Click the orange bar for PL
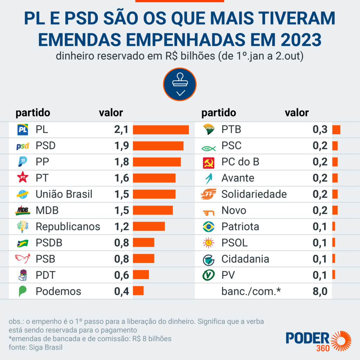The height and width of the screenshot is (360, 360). click(161, 130)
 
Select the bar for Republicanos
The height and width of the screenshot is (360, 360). click(149, 226)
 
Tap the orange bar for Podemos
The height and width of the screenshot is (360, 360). click(138, 291)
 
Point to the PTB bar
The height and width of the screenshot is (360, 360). click(336, 130)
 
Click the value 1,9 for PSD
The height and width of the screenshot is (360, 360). click(122, 146)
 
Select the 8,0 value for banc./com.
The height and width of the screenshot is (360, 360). click(320, 291)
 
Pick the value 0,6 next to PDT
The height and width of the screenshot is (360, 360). click(122, 275)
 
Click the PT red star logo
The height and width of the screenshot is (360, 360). click(23, 178)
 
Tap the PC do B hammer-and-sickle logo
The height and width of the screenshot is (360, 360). click(209, 162)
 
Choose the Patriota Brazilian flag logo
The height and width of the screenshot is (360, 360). click(209, 227)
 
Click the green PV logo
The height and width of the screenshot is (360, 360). click(209, 275)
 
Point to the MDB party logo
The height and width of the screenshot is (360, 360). click(23, 210)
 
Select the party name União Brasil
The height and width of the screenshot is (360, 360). click(64, 194)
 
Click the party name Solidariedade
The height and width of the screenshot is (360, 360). click(254, 194)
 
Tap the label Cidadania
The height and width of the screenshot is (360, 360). click(245, 259)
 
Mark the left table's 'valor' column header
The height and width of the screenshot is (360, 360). click(111, 113)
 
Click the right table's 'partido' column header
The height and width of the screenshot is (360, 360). click(218, 113)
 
